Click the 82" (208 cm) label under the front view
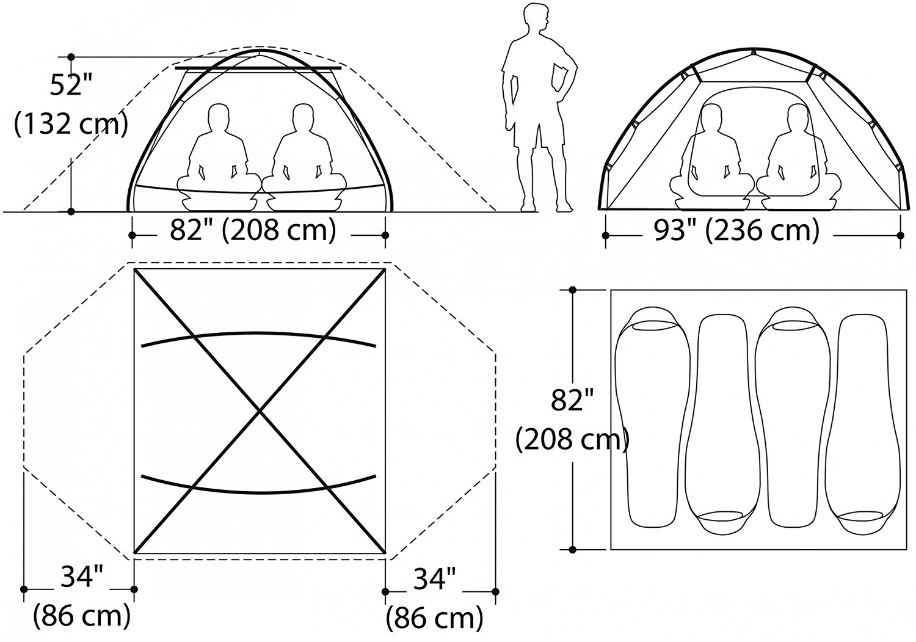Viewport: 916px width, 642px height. point(253,230)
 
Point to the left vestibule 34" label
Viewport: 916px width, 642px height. point(82,577)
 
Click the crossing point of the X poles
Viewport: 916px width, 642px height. point(260,411)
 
